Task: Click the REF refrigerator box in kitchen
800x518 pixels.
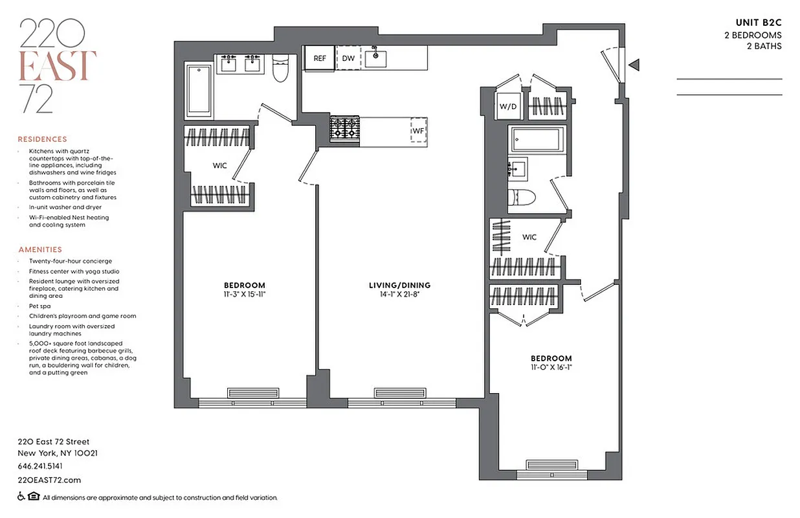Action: pyautogui.click(x=320, y=58)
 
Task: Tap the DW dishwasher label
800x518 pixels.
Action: pyautogui.click(x=348, y=58)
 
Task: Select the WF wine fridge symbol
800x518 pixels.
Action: pyautogui.click(x=419, y=129)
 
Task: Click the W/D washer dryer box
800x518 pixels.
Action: pyautogui.click(x=507, y=107)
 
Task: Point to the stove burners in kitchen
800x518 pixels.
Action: pyautogui.click(x=343, y=128)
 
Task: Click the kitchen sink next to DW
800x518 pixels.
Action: pyautogui.click(x=376, y=58)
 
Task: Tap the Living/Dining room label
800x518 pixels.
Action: pyautogui.click(x=399, y=285)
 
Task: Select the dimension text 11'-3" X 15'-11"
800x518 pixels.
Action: pyautogui.click(x=245, y=294)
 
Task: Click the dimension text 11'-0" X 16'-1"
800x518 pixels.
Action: pyautogui.click(x=551, y=367)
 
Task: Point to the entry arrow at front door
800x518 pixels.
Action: pyautogui.click(x=635, y=64)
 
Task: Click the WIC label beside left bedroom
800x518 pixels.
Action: pyautogui.click(x=220, y=166)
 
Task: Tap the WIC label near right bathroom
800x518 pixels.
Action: pyautogui.click(x=529, y=237)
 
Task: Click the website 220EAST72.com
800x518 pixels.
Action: pyautogui.click(x=49, y=480)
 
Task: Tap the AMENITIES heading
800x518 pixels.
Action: pyautogui.click(x=40, y=249)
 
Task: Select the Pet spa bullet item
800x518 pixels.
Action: pyautogui.click(x=40, y=306)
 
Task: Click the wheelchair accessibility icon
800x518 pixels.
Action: pyautogui.click(x=21, y=497)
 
